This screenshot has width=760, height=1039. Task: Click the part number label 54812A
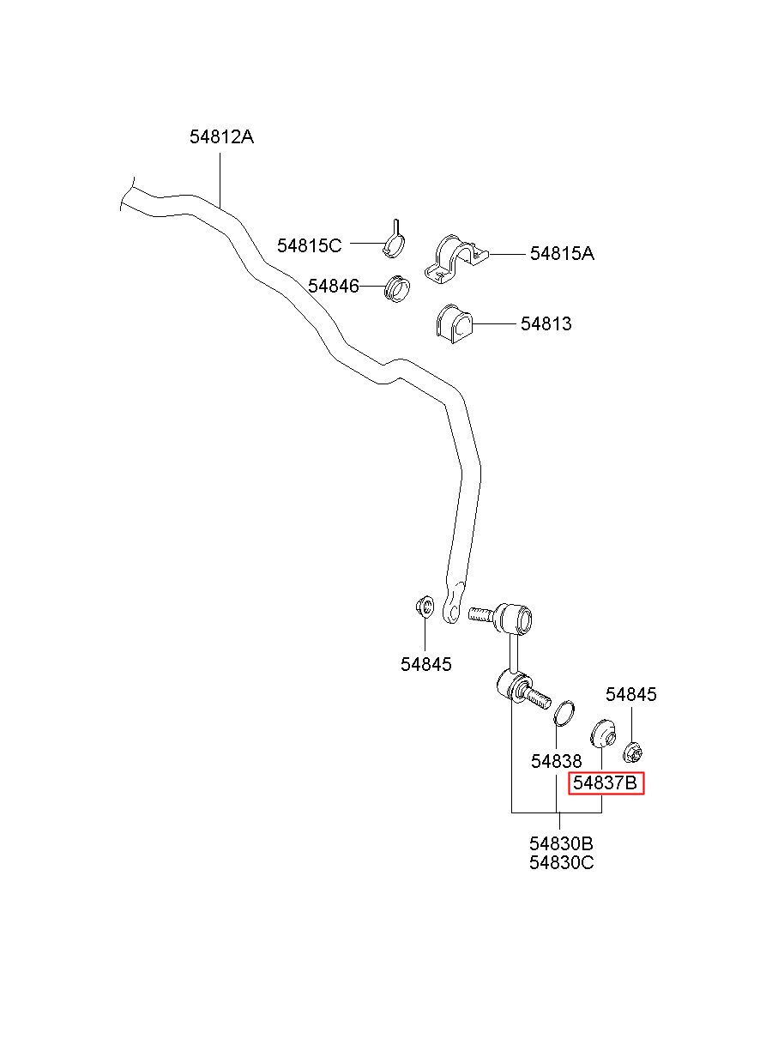click(221, 136)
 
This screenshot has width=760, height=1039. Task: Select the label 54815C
click(310, 245)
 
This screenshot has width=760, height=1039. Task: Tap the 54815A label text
click(562, 253)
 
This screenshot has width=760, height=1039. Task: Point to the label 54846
click(334, 286)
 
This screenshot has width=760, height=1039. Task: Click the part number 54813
click(546, 323)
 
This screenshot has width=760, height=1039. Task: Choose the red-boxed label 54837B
click(606, 782)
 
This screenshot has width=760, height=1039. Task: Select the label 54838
click(556, 761)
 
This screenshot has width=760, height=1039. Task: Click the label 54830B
click(561, 843)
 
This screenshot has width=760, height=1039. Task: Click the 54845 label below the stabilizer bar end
click(425, 664)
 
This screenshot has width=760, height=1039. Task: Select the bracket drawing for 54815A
click(456, 259)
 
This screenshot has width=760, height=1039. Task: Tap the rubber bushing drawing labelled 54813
click(454, 324)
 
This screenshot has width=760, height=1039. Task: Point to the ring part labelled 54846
click(397, 288)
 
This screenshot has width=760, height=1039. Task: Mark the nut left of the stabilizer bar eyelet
click(425, 607)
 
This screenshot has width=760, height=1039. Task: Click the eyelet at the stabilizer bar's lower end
click(451, 607)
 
